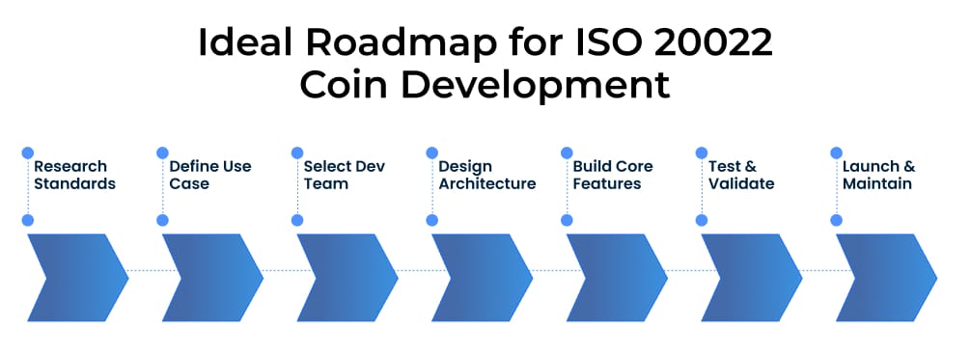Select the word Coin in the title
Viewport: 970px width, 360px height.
(x=345, y=85)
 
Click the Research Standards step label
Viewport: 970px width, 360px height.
(x=74, y=175)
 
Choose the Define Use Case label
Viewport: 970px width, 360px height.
(x=209, y=175)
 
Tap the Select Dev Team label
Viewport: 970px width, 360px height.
(x=344, y=175)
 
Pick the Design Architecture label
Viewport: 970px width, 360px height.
(x=486, y=175)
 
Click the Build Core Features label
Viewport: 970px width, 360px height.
(x=612, y=175)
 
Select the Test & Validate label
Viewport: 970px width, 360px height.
(x=741, y=175)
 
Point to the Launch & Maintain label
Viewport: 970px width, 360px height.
(x=878, y=175)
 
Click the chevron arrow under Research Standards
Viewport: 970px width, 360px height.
(x=77, y=277)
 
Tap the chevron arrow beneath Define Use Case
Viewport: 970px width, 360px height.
(x=212, y=277)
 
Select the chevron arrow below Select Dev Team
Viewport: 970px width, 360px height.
(x=347, y=277)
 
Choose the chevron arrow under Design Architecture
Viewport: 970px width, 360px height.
(x=482, y=277)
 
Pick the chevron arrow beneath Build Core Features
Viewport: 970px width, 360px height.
(x=617, y=277)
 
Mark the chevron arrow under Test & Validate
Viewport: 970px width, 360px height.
(x=752, y=277)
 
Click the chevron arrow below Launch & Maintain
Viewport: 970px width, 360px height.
(x=886, y=277)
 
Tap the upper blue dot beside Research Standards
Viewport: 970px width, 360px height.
(x=28, y=152)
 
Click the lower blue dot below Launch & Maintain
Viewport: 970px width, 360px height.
(x=836, y=220)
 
